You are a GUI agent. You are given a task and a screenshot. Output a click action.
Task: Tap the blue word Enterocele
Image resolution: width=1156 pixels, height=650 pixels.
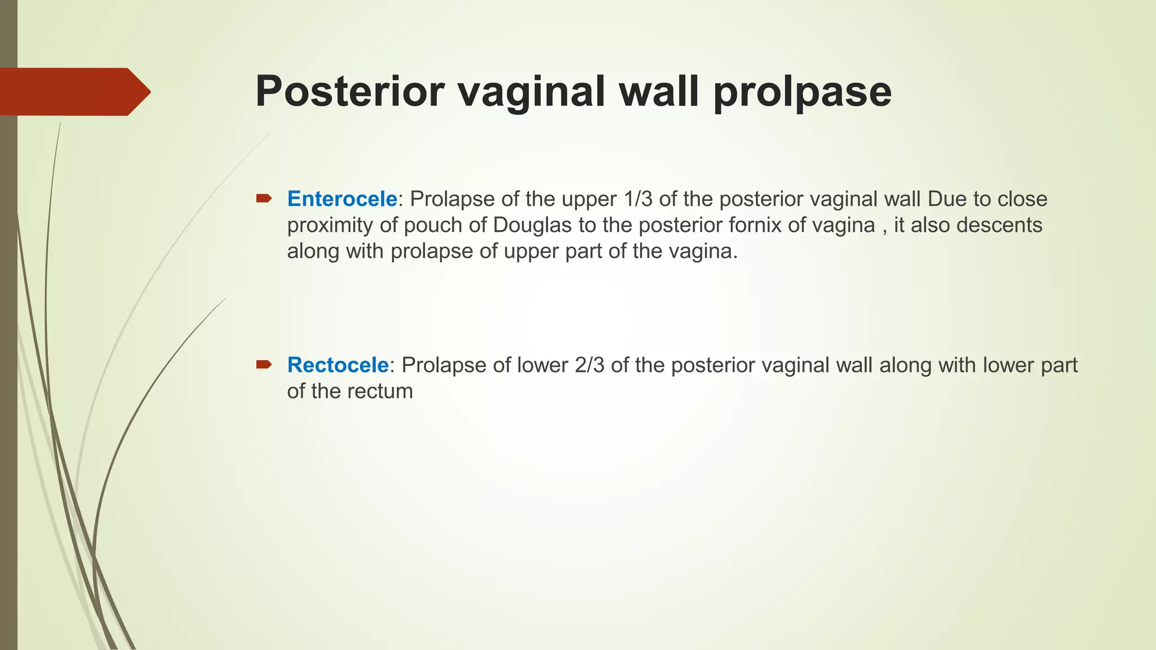(x=342, y=199)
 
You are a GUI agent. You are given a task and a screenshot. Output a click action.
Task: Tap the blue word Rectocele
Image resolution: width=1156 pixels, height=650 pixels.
(x=338, y=365)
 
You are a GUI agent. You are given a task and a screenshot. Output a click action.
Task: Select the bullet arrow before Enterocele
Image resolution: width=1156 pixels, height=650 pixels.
(x=264, y=198)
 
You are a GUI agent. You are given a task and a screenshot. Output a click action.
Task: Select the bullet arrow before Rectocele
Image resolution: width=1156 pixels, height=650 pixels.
(x=264, y=364)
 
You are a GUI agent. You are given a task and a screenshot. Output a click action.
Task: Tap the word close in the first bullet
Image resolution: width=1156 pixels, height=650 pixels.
(x=1022, y=199)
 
